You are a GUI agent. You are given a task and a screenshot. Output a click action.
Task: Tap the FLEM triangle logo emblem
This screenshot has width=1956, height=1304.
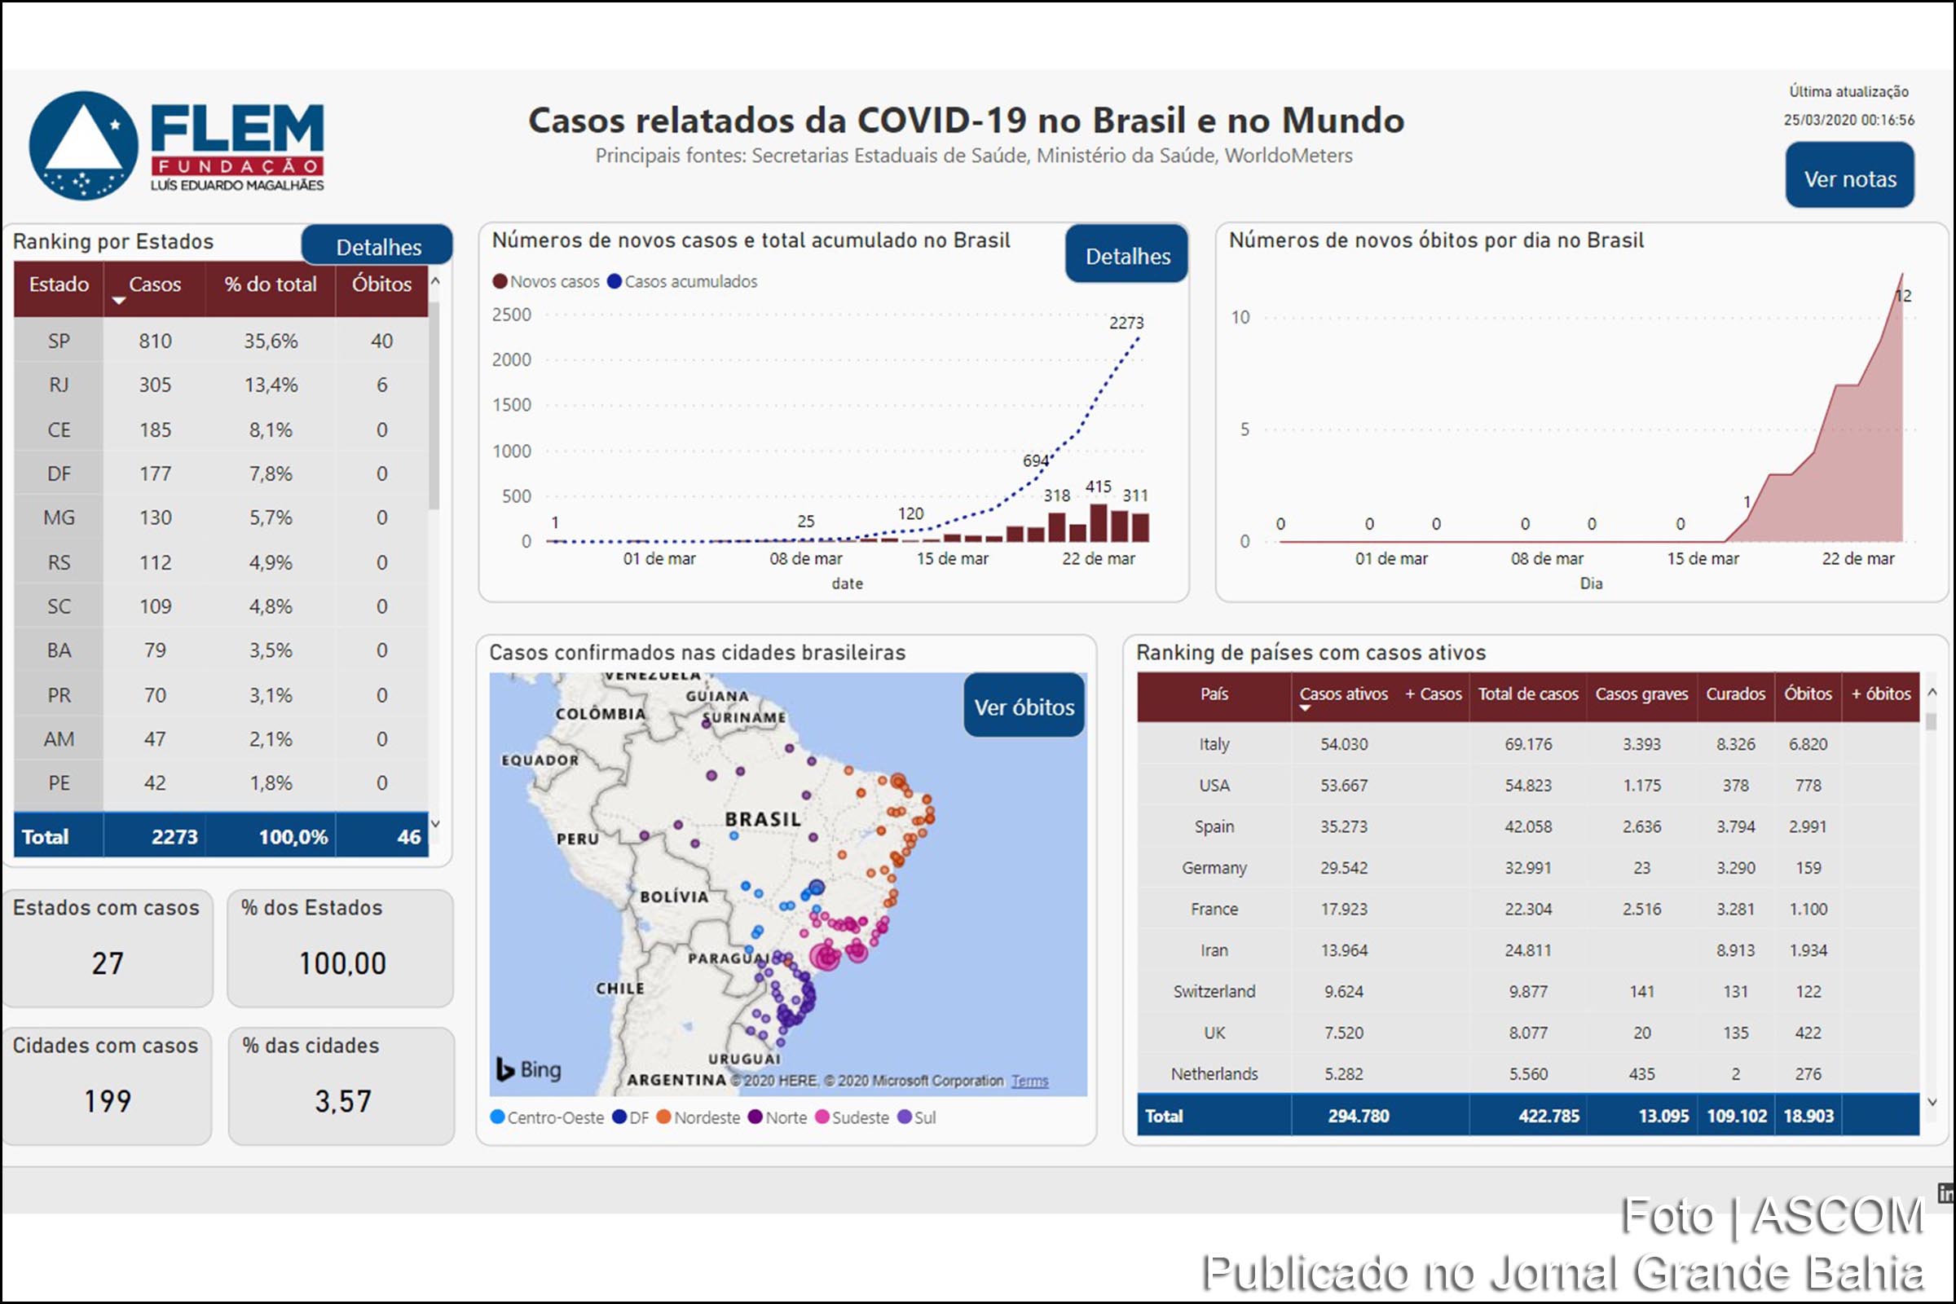83,146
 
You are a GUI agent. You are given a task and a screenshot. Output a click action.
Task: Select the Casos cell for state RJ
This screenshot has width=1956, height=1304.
155,385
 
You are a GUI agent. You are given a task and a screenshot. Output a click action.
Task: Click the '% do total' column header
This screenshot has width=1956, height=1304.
271,284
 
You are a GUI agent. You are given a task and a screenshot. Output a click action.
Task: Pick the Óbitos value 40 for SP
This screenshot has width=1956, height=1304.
381,341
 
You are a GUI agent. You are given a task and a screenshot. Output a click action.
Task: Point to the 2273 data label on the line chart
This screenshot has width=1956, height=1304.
1126,323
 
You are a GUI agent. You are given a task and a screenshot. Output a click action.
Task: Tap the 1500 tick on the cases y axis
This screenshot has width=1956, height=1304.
512,405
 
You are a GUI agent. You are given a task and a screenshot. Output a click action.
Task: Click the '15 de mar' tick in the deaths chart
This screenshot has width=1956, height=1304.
1703,559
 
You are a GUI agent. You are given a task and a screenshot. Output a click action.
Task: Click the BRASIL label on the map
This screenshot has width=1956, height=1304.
763,819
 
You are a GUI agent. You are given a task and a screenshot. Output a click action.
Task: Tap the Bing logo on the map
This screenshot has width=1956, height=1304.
529,1069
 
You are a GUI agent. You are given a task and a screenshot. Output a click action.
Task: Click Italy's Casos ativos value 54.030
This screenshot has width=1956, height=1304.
1343,744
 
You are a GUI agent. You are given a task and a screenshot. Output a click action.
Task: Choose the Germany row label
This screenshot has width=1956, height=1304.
1214,868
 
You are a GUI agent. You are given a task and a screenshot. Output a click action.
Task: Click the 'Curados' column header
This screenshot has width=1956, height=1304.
1735,694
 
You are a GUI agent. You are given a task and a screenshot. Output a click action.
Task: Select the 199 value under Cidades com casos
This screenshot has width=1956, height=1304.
108,1101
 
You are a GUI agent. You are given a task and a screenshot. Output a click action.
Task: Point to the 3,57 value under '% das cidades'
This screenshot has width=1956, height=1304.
341,1101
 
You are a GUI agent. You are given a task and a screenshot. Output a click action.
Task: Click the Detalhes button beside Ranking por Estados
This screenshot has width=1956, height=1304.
377,247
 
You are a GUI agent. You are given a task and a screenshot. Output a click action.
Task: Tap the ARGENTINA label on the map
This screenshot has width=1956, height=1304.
676,1079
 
